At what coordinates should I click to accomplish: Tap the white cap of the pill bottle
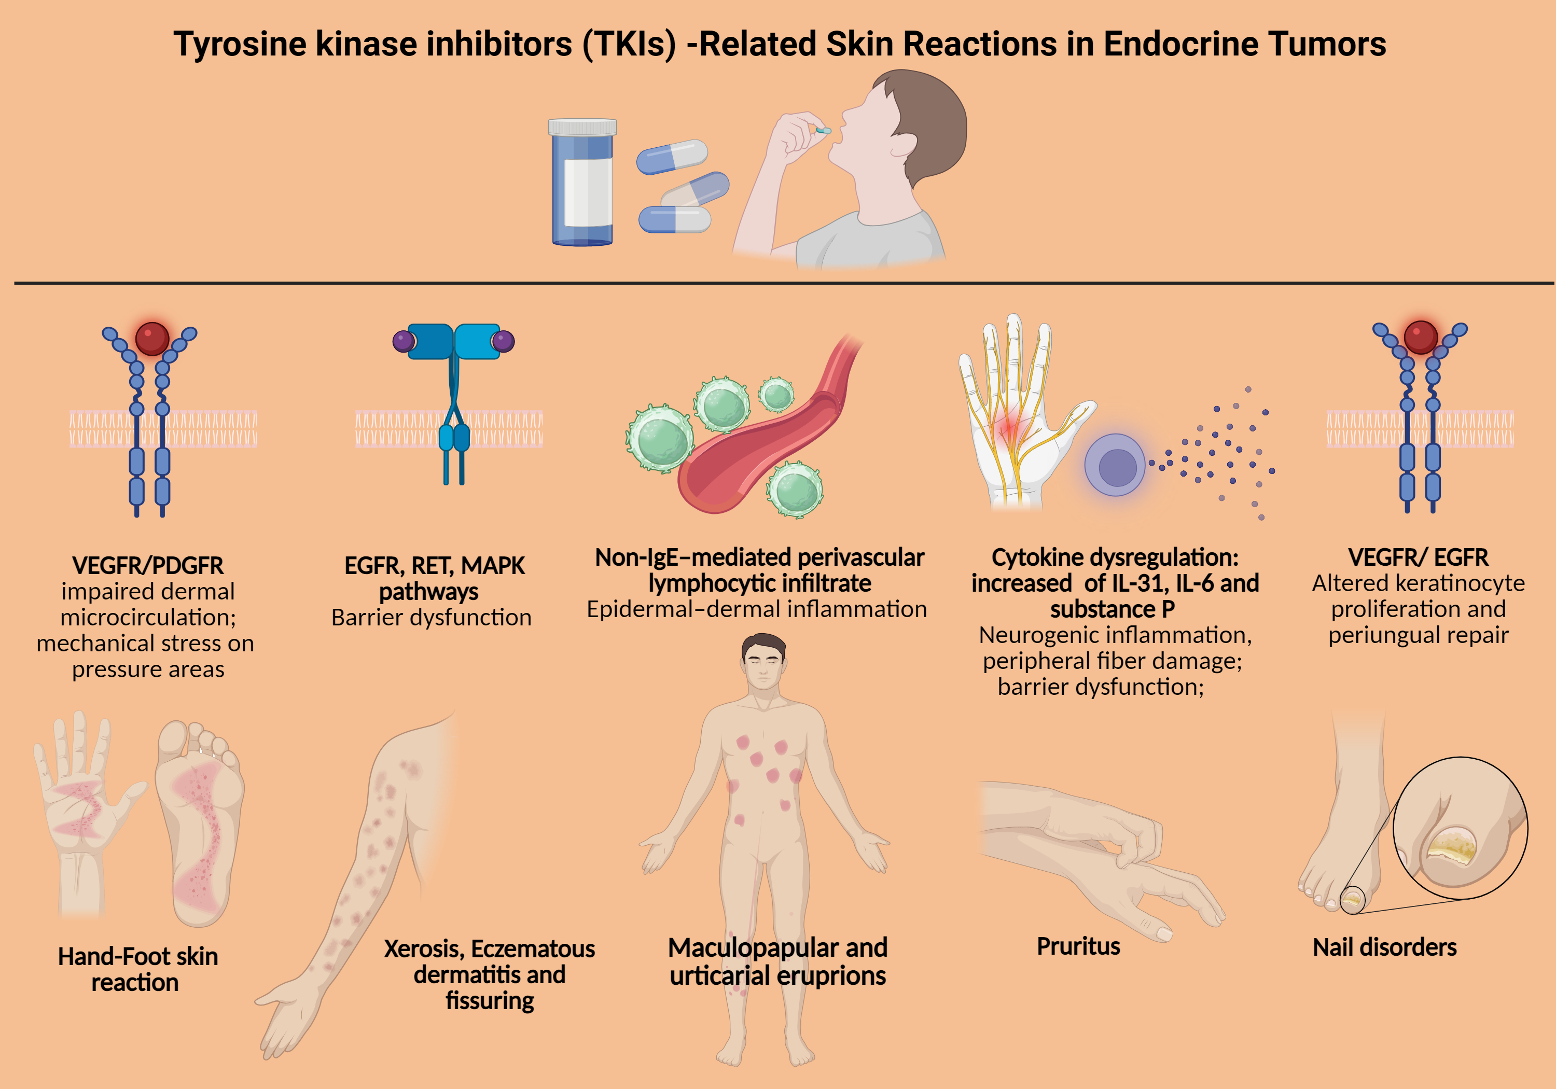(582, 127)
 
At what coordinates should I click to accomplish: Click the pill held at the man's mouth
(824, 130)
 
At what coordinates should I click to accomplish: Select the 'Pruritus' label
(1078, 946)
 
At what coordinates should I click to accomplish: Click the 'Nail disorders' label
(1384, 947)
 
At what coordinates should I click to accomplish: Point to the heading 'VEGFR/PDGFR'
(148, 565)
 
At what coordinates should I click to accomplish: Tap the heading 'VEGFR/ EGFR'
(1418, 557)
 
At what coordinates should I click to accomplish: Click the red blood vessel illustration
(766, 447)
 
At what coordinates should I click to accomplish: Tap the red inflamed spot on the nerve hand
(1010, 427)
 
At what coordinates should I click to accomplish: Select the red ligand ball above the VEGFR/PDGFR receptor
(152, 338)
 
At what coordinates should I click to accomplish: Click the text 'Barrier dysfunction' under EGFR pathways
(431, 617)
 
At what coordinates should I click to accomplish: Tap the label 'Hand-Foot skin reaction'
(137, 969)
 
